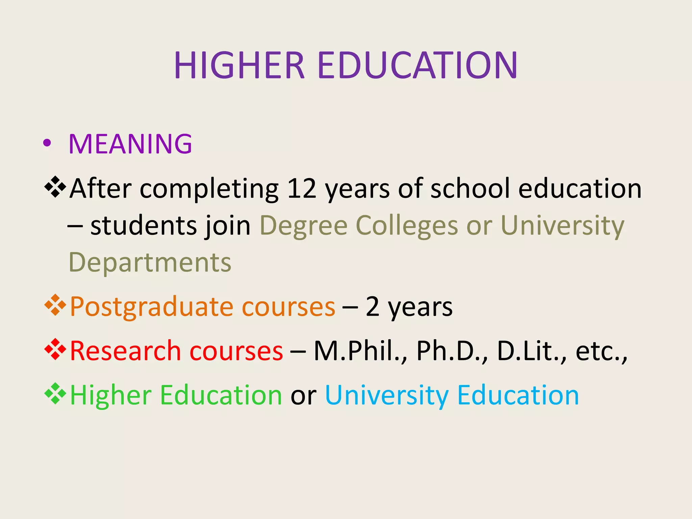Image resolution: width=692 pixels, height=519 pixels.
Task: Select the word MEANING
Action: (130, 144)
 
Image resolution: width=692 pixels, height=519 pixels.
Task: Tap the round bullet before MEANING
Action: (47, 143)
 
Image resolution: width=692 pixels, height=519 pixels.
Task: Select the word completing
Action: (209, 189)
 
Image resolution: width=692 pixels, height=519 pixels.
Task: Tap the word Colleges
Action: (407, 225)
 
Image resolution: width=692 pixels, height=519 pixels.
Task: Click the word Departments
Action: (150, 263)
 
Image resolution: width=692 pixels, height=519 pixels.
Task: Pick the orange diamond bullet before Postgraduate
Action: (55, 305)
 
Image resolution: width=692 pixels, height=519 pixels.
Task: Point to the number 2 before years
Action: (373, 307)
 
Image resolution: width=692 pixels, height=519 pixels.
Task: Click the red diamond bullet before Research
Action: (55, 349)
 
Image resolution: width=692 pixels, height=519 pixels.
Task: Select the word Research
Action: (125, 351)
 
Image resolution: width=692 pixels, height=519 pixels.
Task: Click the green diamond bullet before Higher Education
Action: (55, 394)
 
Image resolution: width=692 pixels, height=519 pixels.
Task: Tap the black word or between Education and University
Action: (303, 395)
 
